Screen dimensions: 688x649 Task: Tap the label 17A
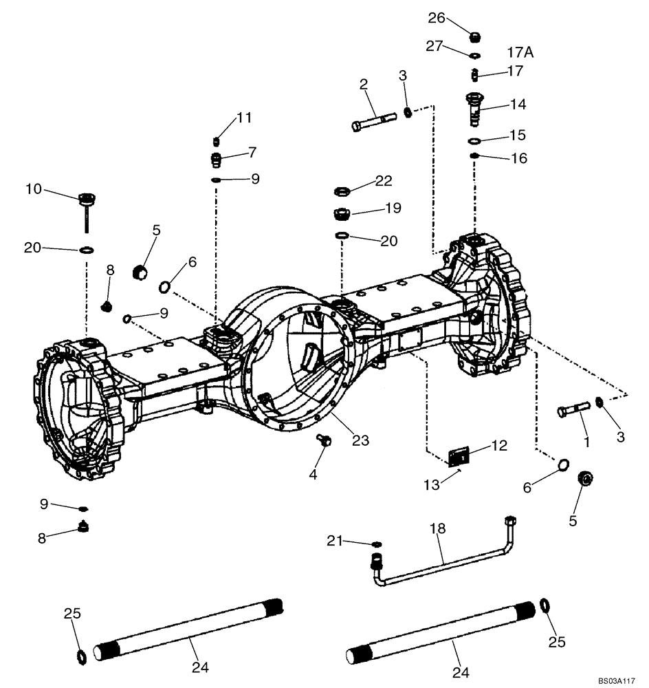[x=521, y=52]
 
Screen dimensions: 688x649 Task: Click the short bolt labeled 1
[x=571, y=412]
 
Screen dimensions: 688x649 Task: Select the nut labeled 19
[x=342, y=213]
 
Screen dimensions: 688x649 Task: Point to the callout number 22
[x=383, y=181]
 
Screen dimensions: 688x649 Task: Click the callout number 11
[x=245, y=118]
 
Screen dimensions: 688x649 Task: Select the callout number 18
[x=437, y=528]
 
